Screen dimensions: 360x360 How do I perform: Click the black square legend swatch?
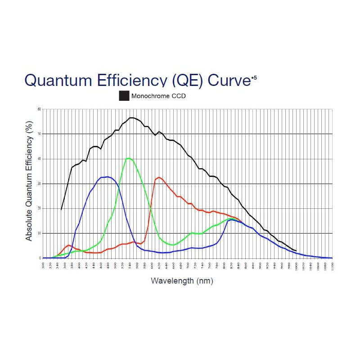pyautogui.click(x=124, y=96)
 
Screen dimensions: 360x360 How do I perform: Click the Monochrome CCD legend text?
pyautogui.click(x=158, y=96)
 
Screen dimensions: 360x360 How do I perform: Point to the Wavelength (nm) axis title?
pyautogui.click(x=182, y=281)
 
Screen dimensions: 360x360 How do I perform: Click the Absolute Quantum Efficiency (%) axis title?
pyautogui.click(x=29, y=180)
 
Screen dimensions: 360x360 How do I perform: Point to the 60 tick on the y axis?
pyautogui.click(x=39, y=109)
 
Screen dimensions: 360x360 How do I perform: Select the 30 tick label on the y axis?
pyautogui.click(x=39, y=184)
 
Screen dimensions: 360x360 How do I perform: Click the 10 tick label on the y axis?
pyautogui.click(x=39, y=233)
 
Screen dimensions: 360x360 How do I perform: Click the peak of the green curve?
pyautogui.click(x=129, y=158)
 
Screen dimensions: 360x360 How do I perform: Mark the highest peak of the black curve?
pyautogui.click(x=131, y=118)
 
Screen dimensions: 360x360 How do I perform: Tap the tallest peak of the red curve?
pyautogui.click(x=159, y=177)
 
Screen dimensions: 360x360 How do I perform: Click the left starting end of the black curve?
pyautogui.click(x=61, y=209)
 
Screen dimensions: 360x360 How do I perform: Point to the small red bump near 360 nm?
pyautogui.click(x=69, y=245)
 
